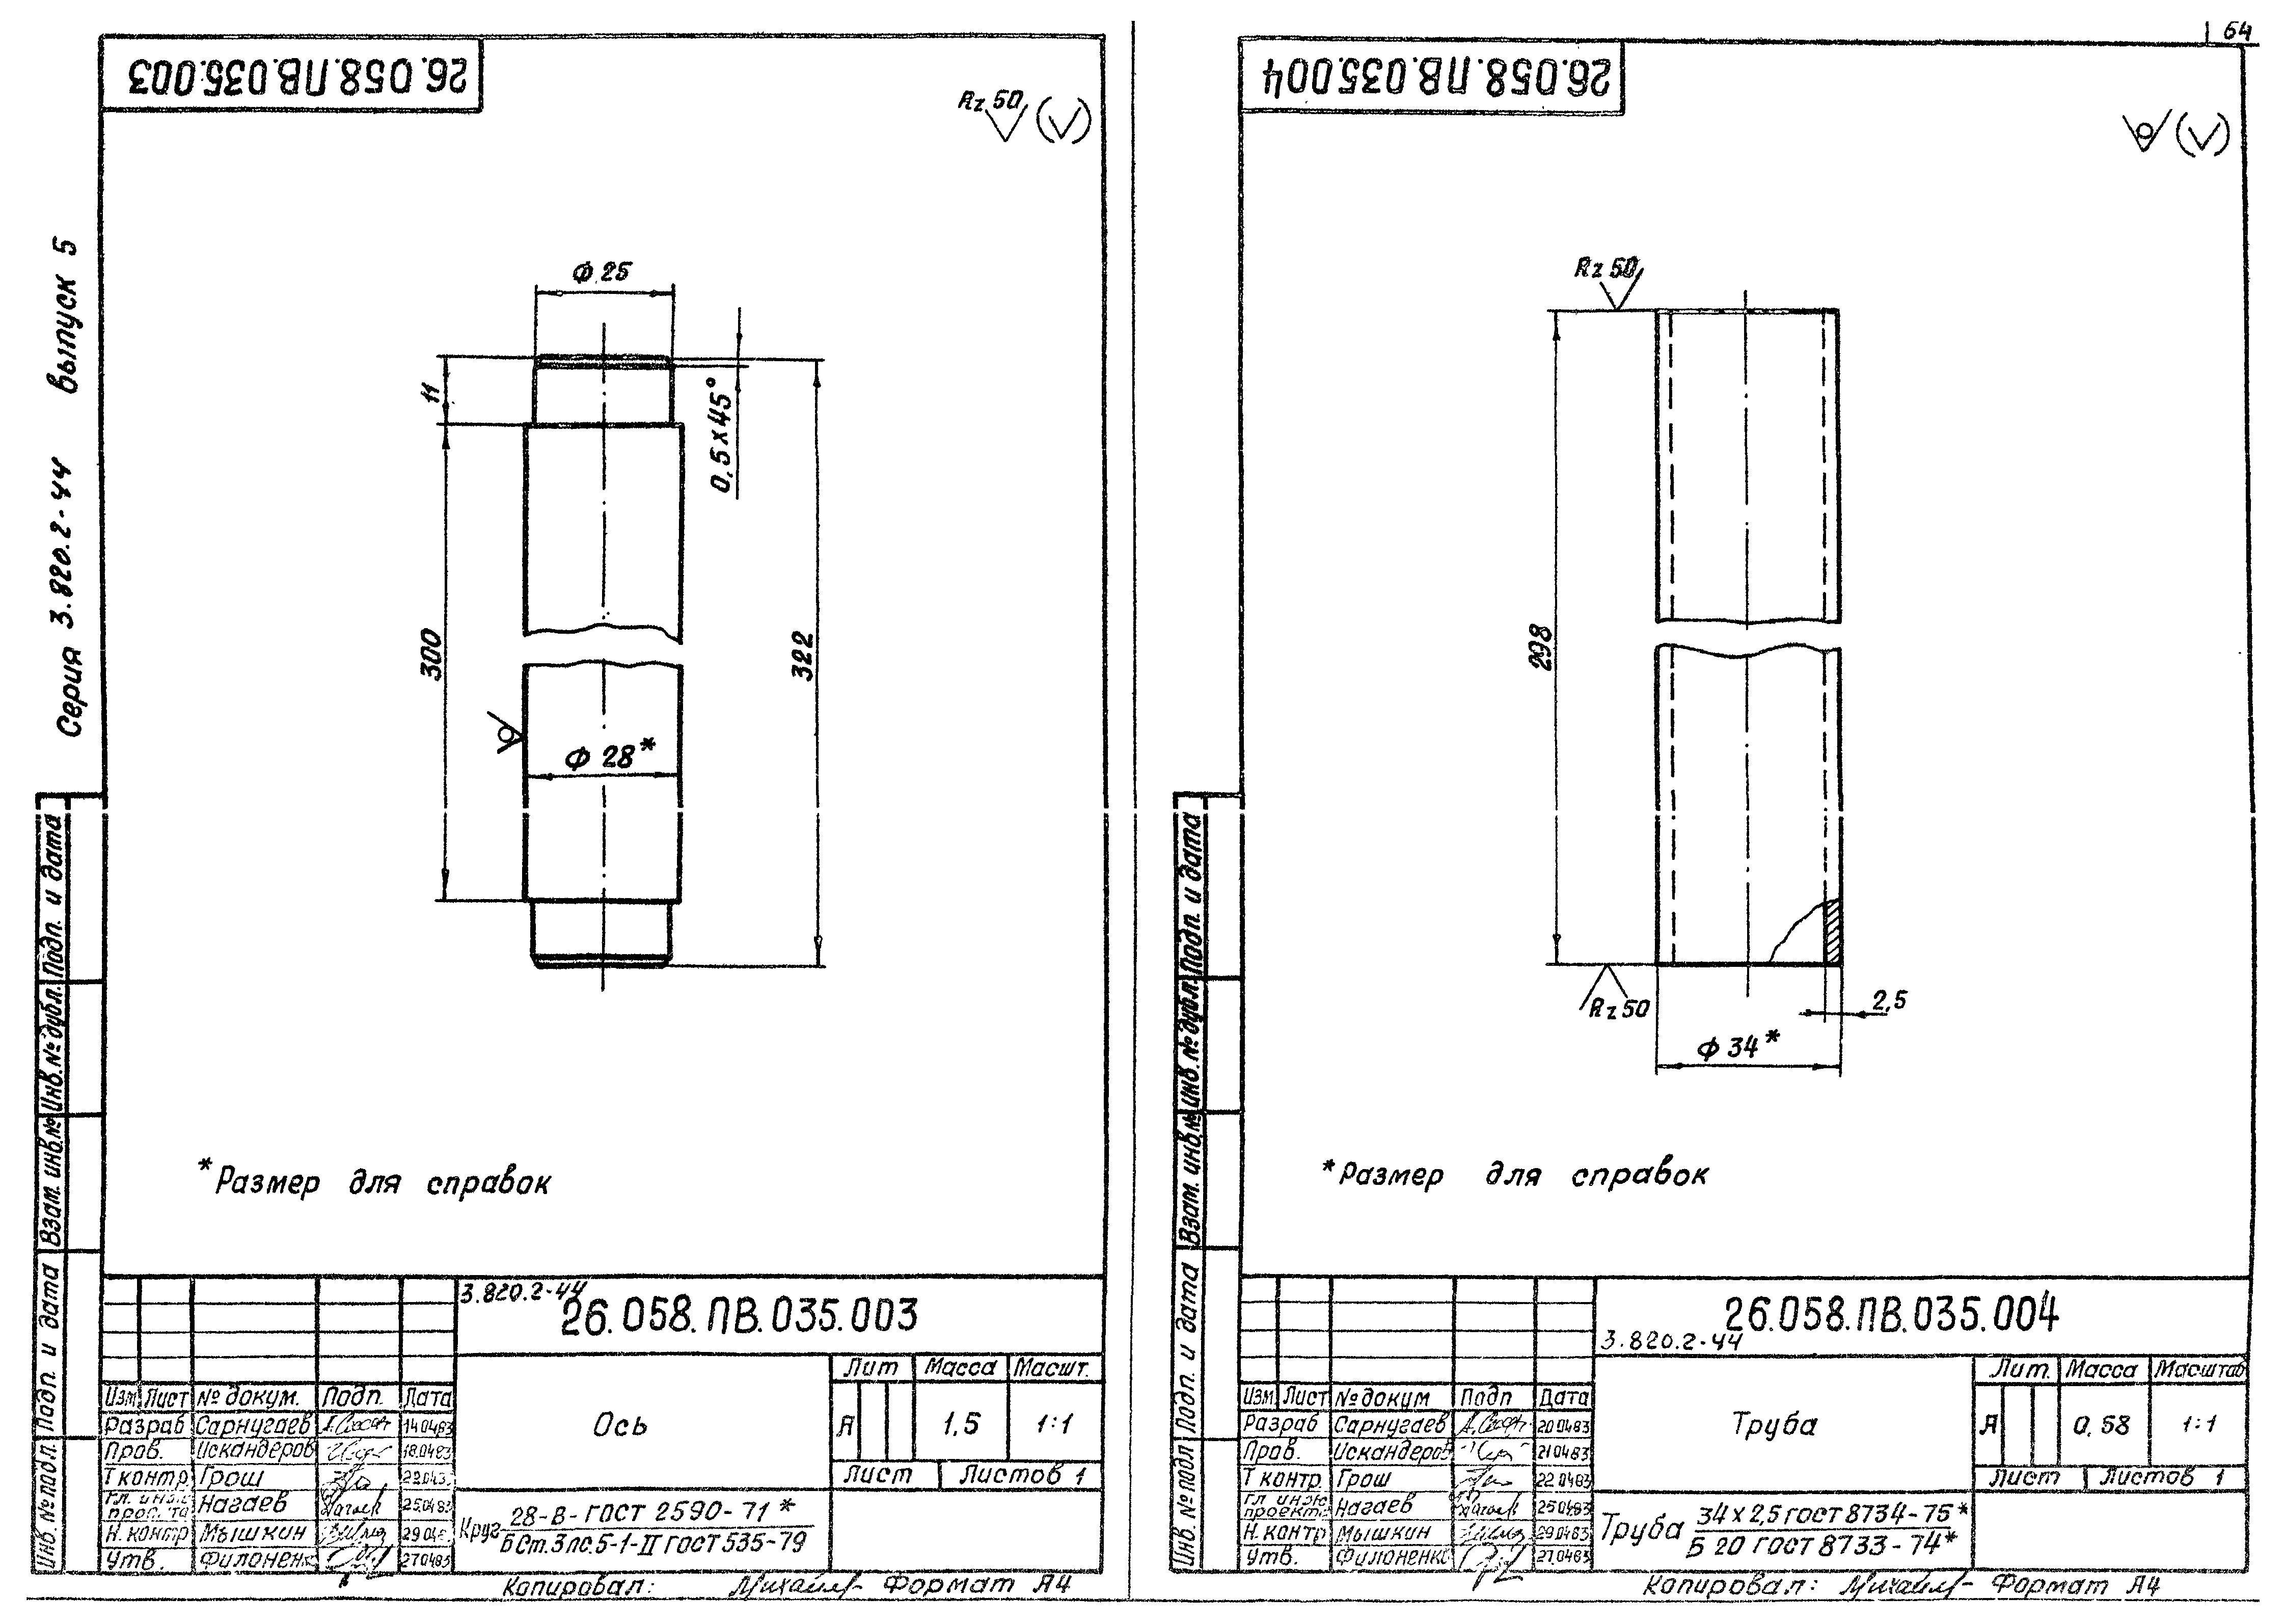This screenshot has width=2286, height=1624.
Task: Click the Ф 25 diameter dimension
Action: (x=602, y=272)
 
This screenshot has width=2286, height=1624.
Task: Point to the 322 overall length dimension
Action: (x=803, y=656)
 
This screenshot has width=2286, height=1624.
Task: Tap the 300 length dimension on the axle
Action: (x=430, y=654)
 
